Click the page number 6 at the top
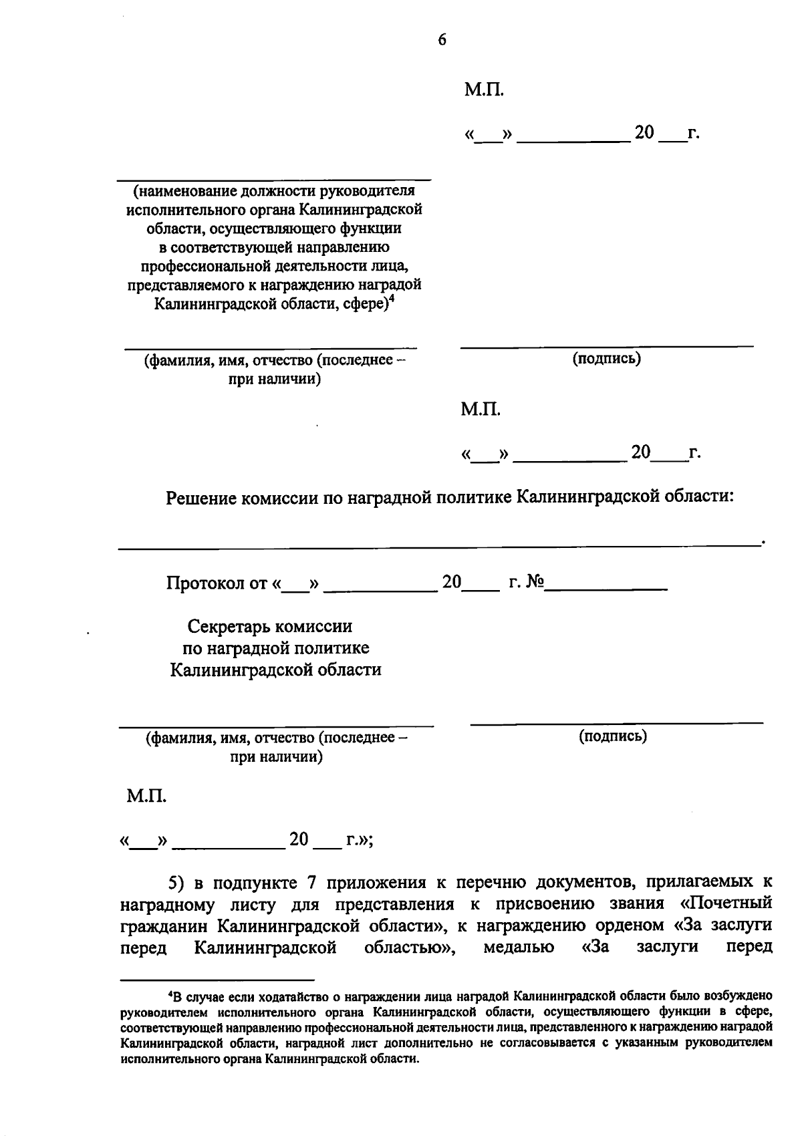[442, 40]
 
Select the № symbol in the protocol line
[535, 583]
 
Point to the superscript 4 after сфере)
[392, 300]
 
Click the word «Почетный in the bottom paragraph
[716, 903]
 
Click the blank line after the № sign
[606, 588]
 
